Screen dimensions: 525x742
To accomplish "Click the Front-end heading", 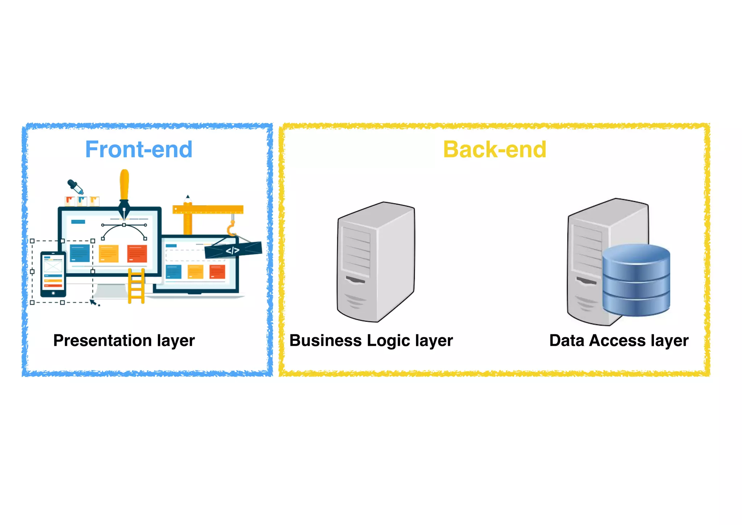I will (139, 149).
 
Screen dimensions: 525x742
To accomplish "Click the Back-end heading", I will (495, 149).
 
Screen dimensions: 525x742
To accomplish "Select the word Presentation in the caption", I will (103, 340).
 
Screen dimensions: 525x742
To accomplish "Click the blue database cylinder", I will (636, 280).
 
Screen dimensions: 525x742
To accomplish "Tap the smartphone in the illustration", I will (53, 274).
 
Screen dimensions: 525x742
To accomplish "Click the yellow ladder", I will (136, 286).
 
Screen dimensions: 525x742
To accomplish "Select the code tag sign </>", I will (233, 250).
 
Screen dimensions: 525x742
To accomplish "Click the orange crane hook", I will (231, 230).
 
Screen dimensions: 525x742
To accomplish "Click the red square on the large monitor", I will (137, 253).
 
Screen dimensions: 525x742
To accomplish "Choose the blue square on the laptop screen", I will (174, 272).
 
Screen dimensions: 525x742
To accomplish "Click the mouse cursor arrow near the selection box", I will (93, 302).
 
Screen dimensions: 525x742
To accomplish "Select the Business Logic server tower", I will (376, 262).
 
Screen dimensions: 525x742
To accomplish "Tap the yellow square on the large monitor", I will (109, 253).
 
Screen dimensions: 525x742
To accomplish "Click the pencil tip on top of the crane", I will (188, 197).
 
